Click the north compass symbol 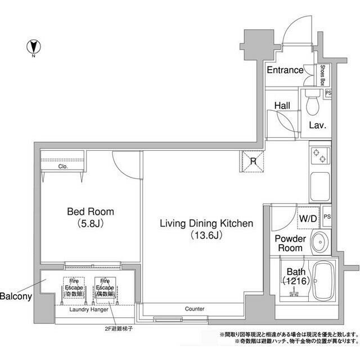tap(33, 47)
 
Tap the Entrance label tap(285, 70)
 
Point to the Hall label tap(282, 105)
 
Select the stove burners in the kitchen tap(319, 155)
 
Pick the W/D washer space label tap(307, 217)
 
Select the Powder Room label tap(290, 243)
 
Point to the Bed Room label tap(90, 212)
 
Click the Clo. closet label tap(62, 167)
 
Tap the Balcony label tap(15, 296)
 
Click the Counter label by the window tap(194, 309)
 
